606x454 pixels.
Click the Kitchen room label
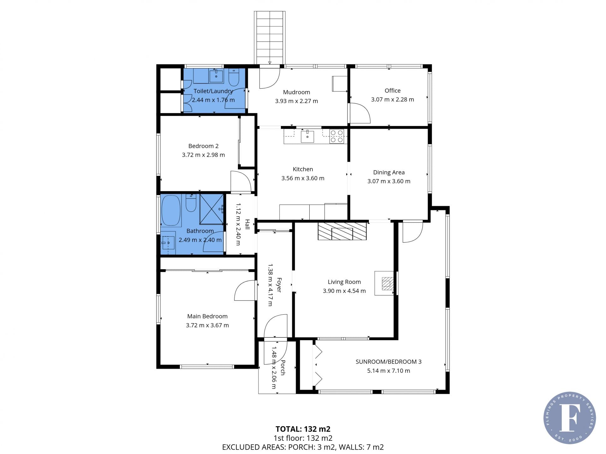[303, 169]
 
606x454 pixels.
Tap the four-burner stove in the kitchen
[336, 137]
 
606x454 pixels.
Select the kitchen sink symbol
[307, 136]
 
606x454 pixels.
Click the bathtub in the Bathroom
[171, 211]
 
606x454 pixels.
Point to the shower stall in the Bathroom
[211, 209]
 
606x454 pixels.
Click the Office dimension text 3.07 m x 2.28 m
[392, 100]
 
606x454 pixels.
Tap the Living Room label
[344, 282]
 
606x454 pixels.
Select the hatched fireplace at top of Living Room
[342, 231]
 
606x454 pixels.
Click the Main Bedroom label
[207, 316]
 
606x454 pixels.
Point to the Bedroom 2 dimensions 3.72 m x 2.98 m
[203, 155]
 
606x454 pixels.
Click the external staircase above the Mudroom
[270, 38]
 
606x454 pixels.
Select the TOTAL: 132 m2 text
[303, 429]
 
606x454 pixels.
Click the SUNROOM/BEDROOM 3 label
[389, 362]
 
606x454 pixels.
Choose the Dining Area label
[389, 172]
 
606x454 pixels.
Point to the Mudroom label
[296, 92]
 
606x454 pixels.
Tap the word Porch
[283, 368]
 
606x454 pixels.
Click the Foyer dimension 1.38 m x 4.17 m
[270, 285]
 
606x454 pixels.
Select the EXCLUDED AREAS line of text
[303, 447]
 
